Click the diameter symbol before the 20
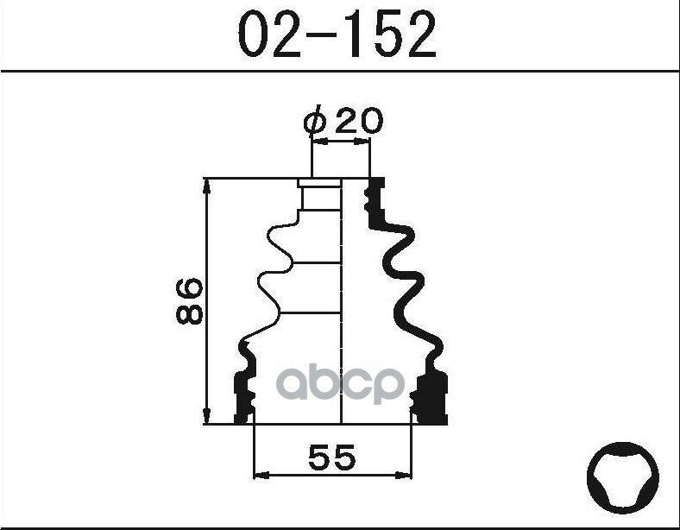coord(315,122)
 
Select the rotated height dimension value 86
coord(188,300)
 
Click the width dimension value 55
coord(331,457)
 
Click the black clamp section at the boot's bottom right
coord(431,399)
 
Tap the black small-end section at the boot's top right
coord(375,203)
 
